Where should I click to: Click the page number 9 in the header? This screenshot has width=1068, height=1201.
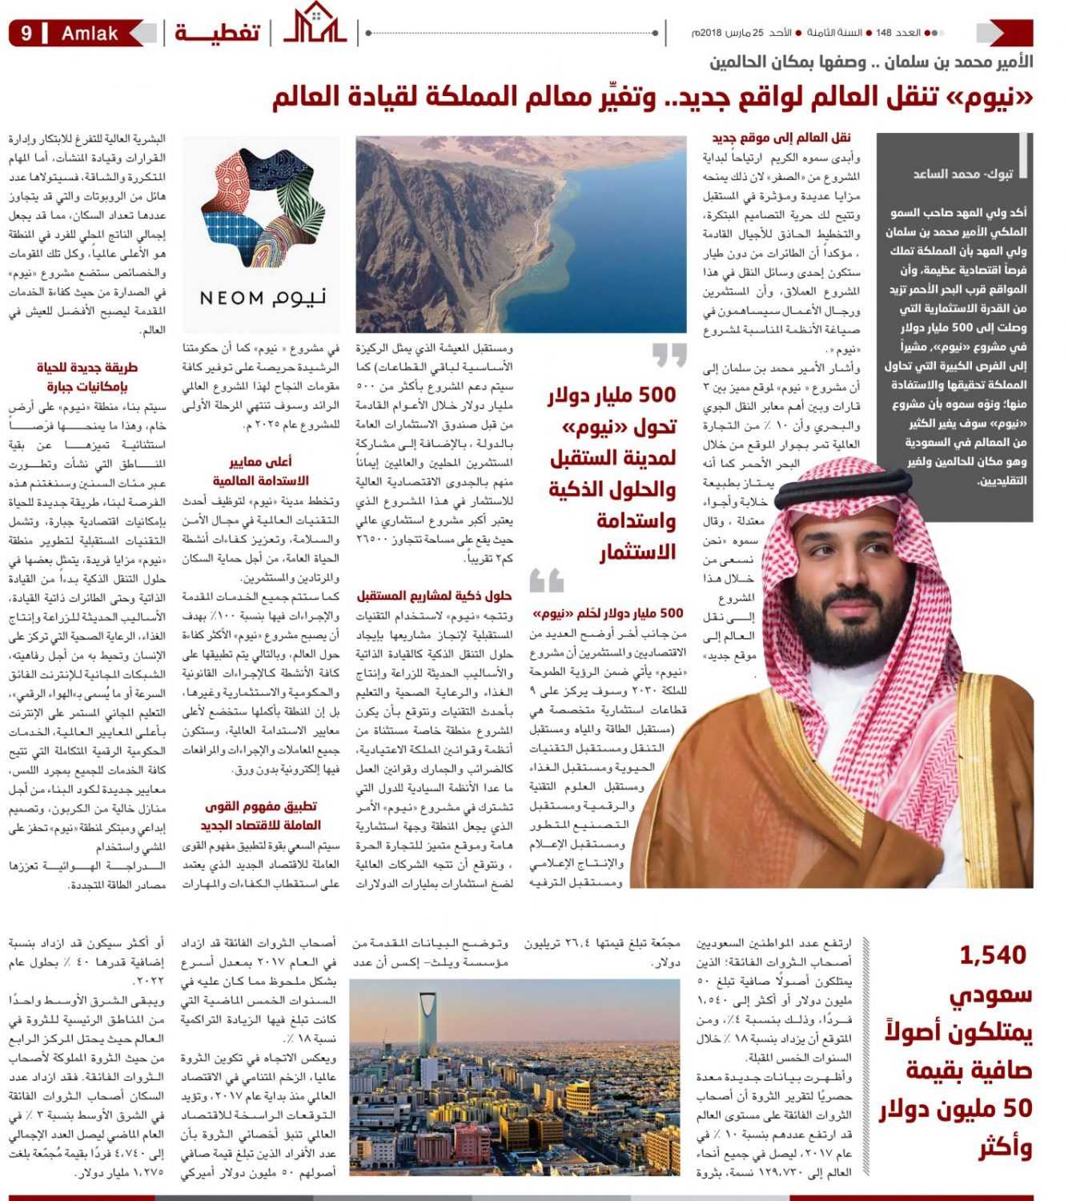pyautogui.click(x=26, y=34)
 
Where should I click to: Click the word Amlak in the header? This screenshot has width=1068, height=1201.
pyautogui.click(x=90, y=34)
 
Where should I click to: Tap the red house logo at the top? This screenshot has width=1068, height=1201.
pyautogui.click(x=315, y=24)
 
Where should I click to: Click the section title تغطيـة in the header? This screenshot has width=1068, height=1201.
pyautogui.click(x=217, y=33)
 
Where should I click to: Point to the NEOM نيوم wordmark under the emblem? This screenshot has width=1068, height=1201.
pyautogui.click(x=263, y=298)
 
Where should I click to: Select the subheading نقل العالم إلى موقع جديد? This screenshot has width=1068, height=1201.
pyautogui.click(x=781, y=138)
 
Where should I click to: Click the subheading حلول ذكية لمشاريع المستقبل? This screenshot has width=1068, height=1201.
pyautogui.click(x=434, y=595)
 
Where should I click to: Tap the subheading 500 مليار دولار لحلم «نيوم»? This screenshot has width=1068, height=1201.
pyautogui.click(x=608, y=613)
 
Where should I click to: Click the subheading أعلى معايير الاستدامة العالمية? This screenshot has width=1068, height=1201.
pyautogui.click(x=260, y=471)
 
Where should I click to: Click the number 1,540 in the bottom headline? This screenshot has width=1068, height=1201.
pyautogui.click(x=992, y=954)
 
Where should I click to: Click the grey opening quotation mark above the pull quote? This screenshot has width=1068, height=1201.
pyautogui.click(x=669, y=355)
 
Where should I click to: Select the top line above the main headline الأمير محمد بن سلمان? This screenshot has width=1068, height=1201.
pyautogui.click(x=871, y=62)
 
